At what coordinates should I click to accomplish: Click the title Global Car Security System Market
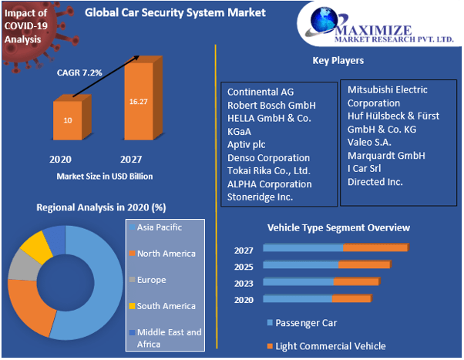175,13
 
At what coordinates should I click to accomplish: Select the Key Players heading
338,60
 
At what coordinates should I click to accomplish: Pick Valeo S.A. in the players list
369,142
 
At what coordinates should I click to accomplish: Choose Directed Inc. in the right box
375,181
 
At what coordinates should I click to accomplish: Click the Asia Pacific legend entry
159,227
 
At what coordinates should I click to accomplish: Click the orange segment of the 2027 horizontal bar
375,247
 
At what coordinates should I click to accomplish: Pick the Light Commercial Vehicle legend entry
330,346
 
